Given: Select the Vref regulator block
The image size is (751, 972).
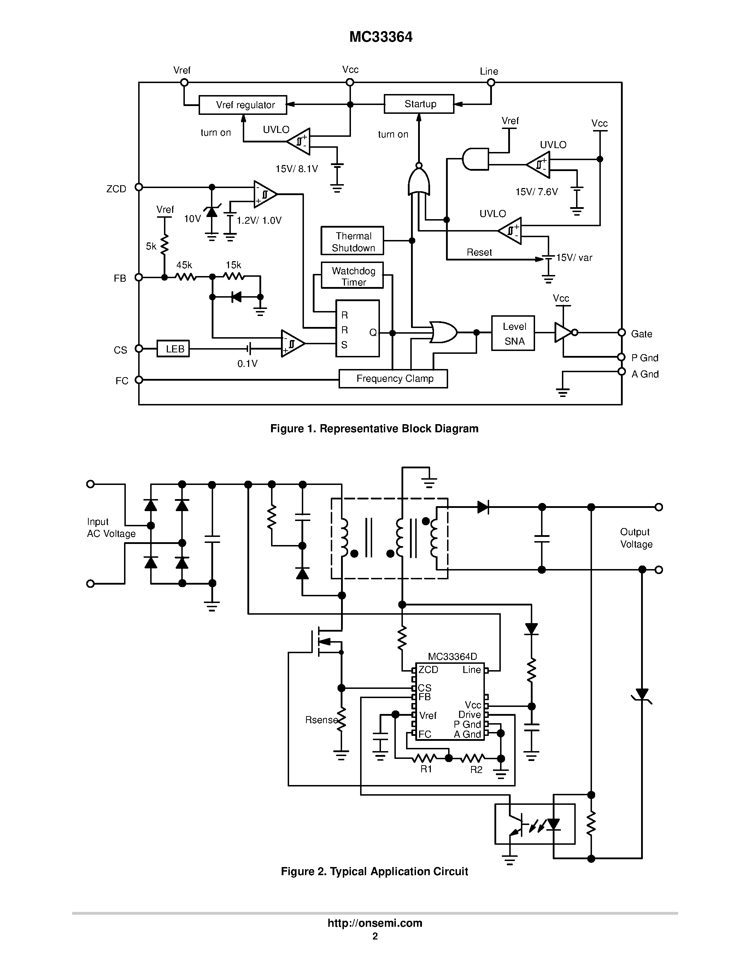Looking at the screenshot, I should coord(243,105).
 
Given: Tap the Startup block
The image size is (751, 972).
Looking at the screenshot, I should coord(419,104).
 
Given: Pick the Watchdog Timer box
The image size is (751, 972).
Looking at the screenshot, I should coord(352,276).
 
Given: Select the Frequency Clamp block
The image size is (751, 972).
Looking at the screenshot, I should coord(393,379).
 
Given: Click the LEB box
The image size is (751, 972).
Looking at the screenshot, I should coord(174,349).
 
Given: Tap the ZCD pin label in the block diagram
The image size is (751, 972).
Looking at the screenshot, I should coord(116,189).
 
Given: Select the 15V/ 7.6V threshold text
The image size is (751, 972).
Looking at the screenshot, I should coord(536,192).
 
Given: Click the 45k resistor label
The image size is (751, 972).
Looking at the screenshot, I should coord(184,265).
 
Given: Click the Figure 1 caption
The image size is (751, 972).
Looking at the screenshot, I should coord(374,429).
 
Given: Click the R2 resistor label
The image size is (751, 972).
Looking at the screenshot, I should coord(476,769).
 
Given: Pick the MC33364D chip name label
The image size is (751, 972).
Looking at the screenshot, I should coord(452,656).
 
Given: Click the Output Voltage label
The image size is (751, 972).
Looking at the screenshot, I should coord(636,538).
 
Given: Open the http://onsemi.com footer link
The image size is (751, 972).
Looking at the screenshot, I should coord(375,924).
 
